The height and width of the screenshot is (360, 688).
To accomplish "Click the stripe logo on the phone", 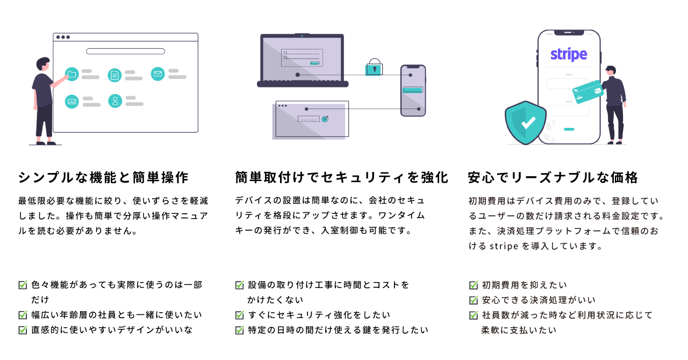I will coord(568,55).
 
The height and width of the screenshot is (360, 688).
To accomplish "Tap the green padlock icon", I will coord(374,68).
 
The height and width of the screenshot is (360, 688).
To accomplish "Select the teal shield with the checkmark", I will coord(525,123).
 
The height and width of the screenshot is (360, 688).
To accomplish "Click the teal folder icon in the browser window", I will coord(71,75).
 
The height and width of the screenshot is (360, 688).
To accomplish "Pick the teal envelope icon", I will coord(157,74).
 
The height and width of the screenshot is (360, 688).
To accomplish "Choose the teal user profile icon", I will coord(115,101).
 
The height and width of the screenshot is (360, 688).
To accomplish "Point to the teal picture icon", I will coord(72,101).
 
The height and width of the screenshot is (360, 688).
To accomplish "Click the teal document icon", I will coord(114,75).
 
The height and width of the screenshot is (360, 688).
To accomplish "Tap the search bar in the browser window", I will coord(125,52).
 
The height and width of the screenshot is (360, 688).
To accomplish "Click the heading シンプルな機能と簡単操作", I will coord(103,177).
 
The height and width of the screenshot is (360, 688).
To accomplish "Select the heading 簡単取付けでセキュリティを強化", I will coord(341,177).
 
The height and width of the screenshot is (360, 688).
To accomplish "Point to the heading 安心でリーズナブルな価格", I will coord(553,177).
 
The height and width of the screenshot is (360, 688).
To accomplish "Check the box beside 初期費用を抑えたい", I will coord(474,285).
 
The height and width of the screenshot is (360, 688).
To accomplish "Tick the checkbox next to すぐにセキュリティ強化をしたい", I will coord(240,315).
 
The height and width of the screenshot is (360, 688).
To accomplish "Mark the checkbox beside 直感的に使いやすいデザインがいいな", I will coord(23,330).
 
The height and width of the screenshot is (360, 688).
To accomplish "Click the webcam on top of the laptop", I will coord(302,35).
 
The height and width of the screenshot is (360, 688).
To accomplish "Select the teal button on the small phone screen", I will coord(413,90).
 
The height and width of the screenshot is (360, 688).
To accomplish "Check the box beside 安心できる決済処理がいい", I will coord(474,300).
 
